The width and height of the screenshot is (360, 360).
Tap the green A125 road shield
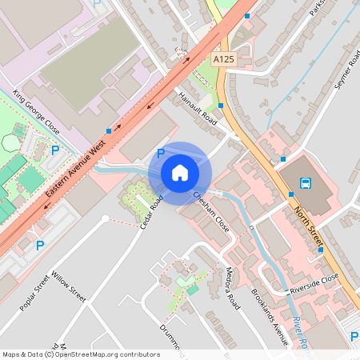223,59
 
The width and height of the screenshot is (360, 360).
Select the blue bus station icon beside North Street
306,183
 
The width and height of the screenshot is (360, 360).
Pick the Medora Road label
233,288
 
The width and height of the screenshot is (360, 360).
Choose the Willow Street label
67,285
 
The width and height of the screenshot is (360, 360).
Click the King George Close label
36,112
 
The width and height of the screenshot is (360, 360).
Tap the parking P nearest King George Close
55,150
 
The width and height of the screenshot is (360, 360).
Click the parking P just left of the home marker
160,153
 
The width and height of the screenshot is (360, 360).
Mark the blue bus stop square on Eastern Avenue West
108,131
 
